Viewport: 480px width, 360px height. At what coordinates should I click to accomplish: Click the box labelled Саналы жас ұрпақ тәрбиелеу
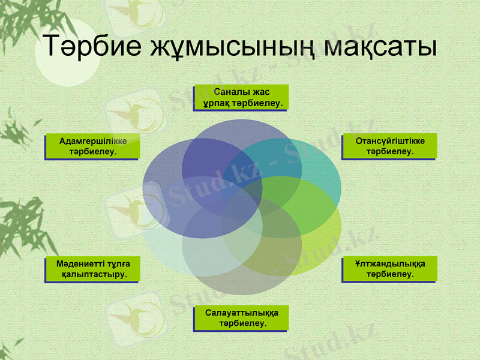click(241, 97)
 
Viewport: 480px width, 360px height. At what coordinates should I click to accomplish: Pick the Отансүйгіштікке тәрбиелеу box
click(390, 146)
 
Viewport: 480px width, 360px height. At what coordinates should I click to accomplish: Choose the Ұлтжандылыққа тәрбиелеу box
click(390, 269)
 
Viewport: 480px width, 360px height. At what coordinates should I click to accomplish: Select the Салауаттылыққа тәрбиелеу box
click(241, 318)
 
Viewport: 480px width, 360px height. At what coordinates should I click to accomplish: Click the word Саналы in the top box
click(229, 92)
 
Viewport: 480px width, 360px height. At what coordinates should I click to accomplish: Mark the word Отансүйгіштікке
click(390, 141)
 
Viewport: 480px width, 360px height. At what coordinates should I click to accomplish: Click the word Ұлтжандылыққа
click(390, 263)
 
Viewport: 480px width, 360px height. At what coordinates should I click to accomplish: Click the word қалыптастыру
click(94, 275)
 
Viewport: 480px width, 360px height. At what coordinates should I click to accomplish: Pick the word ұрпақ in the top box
click(217, 103)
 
